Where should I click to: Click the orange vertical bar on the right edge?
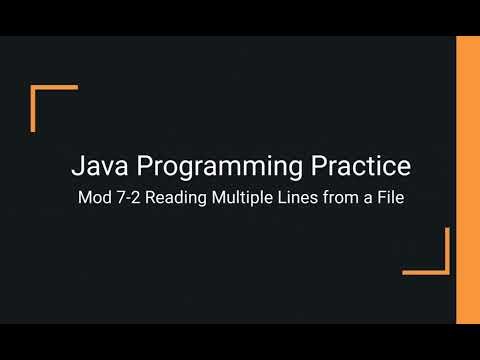tap(468, 180)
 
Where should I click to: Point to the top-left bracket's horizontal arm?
tap(55, 88)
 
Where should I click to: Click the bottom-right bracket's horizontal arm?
tap(426, 271)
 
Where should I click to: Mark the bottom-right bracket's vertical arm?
tap(447, 250)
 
